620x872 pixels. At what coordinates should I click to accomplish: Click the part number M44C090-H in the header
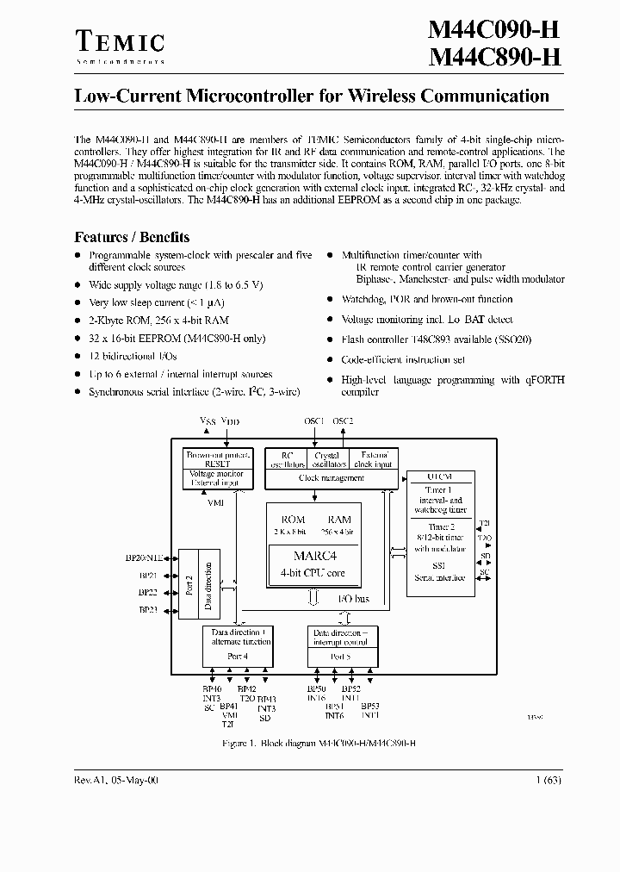(x=495, y=30)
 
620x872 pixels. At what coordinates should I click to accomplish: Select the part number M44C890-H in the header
(x=495, y=59)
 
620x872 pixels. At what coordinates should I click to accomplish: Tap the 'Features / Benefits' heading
(x=132, y=237)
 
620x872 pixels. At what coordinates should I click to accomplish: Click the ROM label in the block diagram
(x=294, y=520)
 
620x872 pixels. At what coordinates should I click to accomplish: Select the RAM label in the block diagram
(x=339, y=520)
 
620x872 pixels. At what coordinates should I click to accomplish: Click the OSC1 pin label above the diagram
(x=314, y=420)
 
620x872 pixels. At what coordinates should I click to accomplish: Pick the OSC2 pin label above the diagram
(x=343, y=420)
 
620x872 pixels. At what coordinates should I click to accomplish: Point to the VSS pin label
(x=208, y=420)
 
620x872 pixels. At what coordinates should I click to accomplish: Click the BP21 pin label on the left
(x=147, y=575)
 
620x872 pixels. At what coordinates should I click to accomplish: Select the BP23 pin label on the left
(x=147, y=610)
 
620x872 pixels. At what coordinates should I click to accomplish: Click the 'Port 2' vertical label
(x=189, y=584)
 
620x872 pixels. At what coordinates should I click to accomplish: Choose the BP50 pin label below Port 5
(x=316, y=689)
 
